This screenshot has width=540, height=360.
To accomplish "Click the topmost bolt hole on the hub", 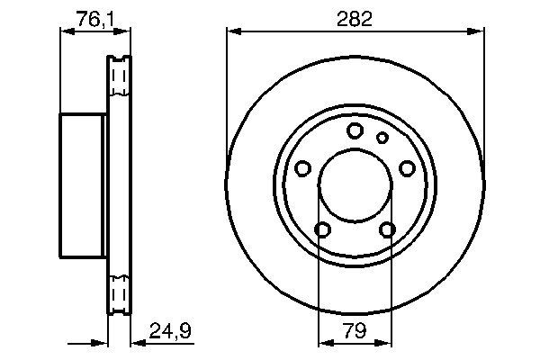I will (355, 130).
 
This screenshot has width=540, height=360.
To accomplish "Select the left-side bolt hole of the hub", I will (302, 168).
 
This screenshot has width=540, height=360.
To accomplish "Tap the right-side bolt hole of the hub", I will (407, 168).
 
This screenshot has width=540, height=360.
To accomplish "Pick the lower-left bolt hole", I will (321, 229).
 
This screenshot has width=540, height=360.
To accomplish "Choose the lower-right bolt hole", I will (387, 229).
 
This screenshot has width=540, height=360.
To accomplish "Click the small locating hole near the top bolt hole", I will (382, 138).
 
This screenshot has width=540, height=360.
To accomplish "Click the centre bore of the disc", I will (354, 186).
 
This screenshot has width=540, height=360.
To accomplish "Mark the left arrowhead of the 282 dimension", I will (232, 31).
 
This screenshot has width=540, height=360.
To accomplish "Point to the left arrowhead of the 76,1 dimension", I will (65, 31).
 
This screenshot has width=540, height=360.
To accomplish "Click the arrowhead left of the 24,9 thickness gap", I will (102, 341).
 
